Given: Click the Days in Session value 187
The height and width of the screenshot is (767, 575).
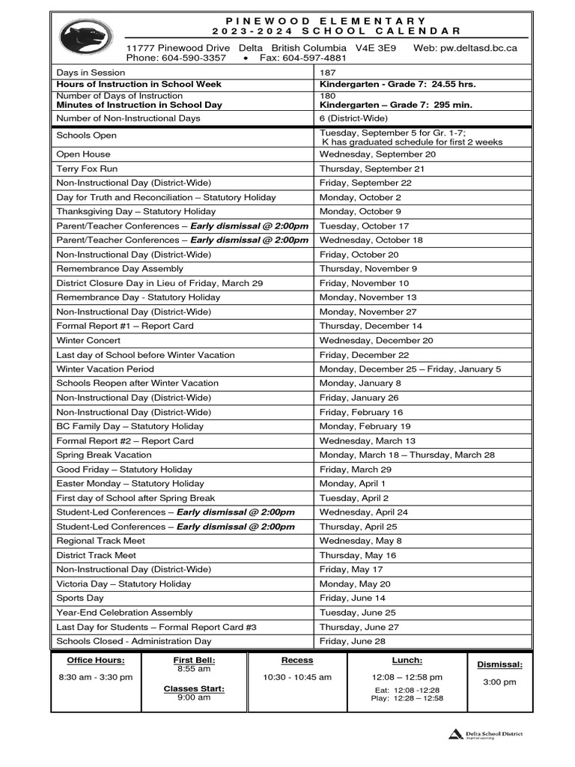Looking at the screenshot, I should tap(328, 73).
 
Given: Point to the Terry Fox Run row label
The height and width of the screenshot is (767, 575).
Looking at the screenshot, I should tap(87, 169).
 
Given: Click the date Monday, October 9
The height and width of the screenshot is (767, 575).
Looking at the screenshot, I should tap(360, 212).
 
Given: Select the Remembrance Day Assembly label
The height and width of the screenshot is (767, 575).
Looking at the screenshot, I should tap(119, 269).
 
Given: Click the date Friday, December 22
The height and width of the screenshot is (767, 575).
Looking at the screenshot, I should tap(364, 355).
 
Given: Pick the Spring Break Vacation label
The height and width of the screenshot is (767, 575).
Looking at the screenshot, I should tap(104, 455).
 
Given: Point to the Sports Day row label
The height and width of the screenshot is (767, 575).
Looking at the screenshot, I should tap(80, 598).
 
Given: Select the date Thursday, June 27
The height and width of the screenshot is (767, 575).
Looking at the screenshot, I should tap(359, 627).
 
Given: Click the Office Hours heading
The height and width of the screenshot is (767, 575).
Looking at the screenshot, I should tap(96, 661).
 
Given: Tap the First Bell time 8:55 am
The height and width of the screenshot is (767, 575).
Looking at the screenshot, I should tap(194, 669).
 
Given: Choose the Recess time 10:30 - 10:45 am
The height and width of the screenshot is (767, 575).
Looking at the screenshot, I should tap(297, 677).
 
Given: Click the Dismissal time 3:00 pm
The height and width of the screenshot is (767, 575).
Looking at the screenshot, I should tap(499, 682).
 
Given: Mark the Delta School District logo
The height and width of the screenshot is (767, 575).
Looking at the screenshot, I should tap(486, 734).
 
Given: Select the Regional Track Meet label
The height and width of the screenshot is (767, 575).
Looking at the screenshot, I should tap(101, 541).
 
